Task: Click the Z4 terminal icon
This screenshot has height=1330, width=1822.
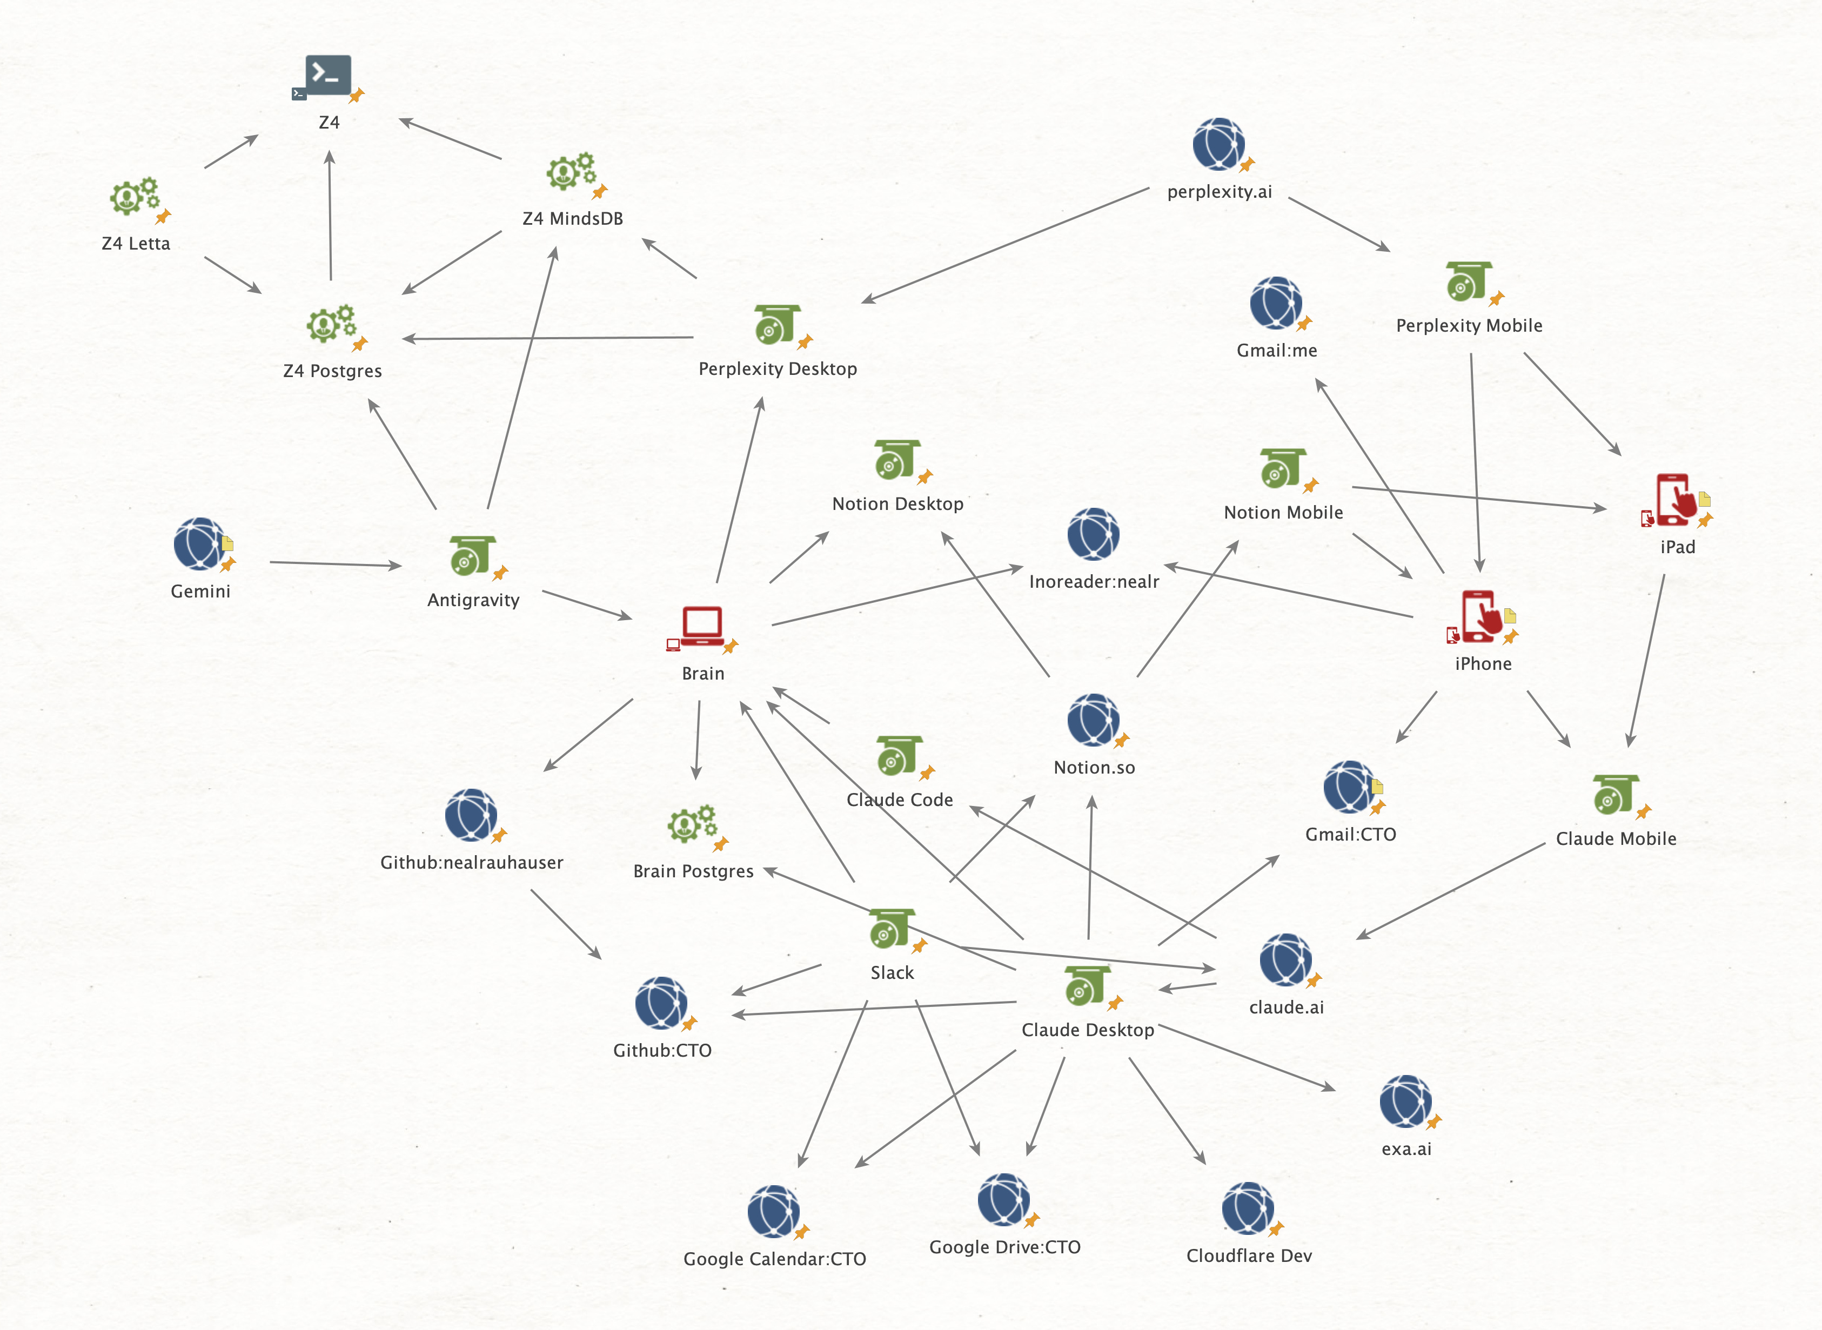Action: click(x=327, y=75)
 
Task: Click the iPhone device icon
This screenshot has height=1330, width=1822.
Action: click(x=1481, y=616)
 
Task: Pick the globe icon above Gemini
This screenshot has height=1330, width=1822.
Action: click(x=198, y=543)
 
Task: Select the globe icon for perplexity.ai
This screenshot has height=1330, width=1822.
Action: click(x=1218, y=144)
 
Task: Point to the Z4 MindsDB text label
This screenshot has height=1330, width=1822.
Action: click(x=572, y=219)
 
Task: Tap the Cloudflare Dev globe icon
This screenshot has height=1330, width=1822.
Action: click(x=1247, y=1207)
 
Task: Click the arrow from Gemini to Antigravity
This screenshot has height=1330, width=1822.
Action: click(x=335, y=565)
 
